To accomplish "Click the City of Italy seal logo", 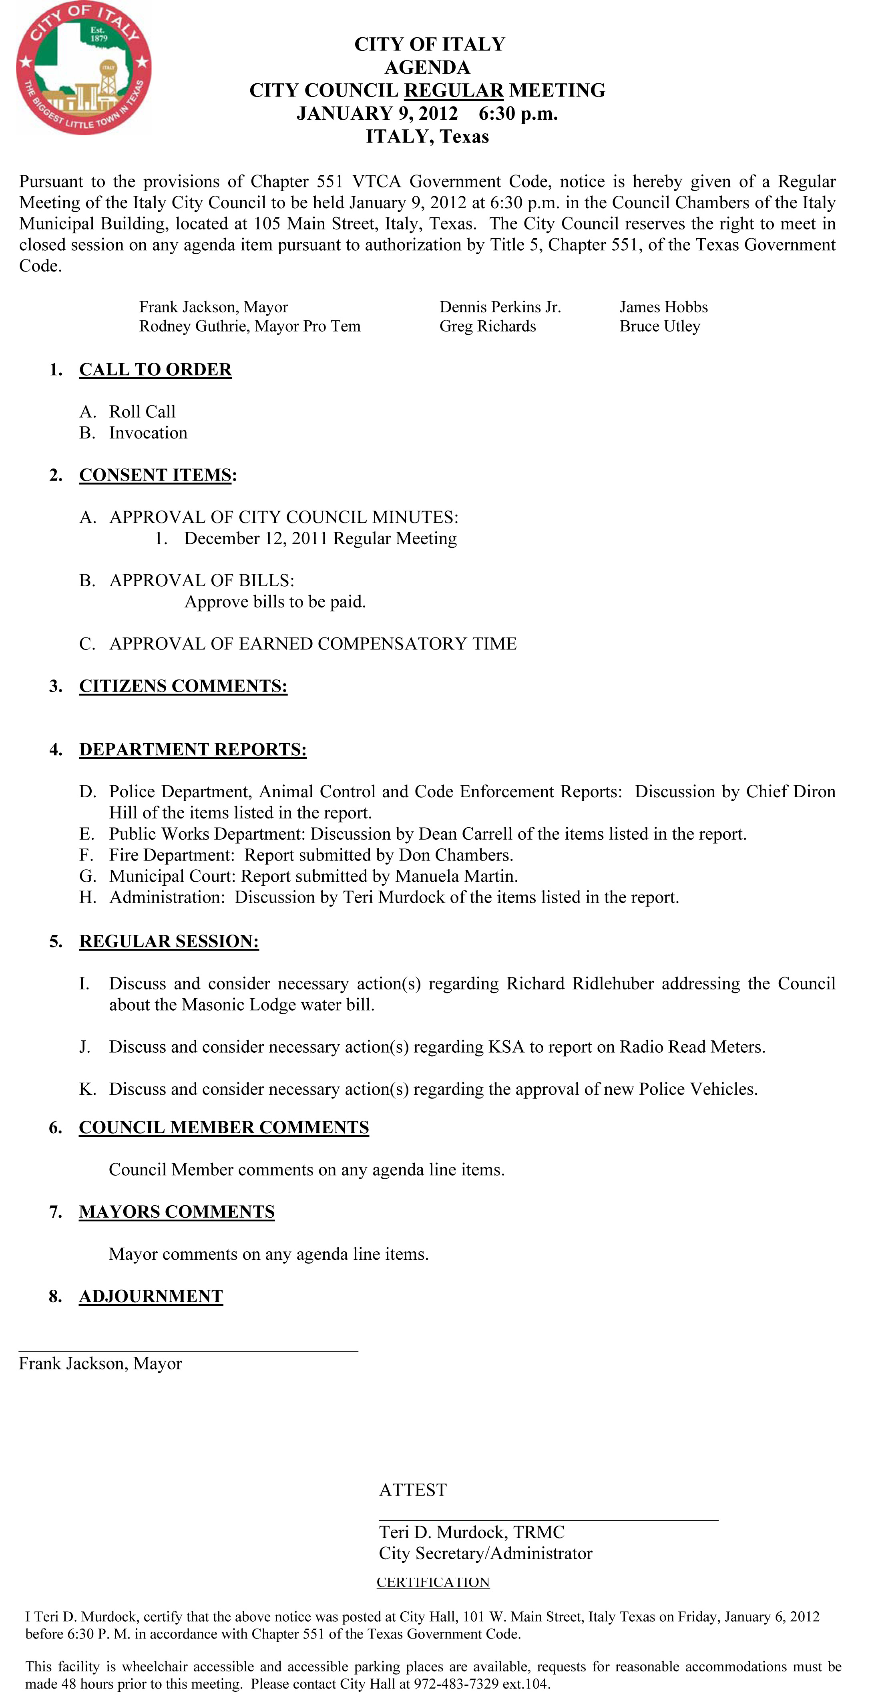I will [x=84, y=68].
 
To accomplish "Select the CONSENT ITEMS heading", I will [x=155, y=475].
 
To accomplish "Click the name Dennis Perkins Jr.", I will [x=500, y=307].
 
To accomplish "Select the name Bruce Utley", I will [x=660, y=326].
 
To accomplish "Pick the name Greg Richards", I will [x=488, y=326].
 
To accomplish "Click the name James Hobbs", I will [x=664, y=307].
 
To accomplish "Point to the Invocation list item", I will [x=148, y=433].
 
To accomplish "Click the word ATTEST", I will [x=413, y=1490].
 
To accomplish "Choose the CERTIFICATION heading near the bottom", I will [x=433, y=1582].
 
